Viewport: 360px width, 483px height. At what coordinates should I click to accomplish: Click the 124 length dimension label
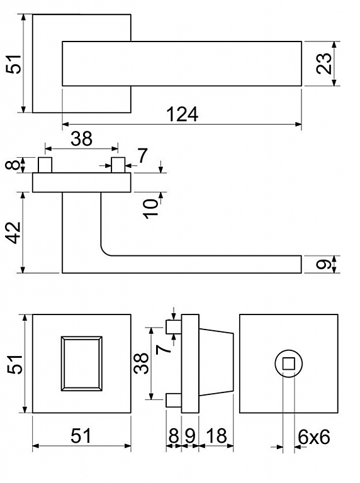(x=182, y=114)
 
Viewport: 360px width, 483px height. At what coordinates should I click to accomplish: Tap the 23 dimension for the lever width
(x=324, y=64)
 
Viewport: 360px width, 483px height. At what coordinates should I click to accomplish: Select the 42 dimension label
(x=14, y=233)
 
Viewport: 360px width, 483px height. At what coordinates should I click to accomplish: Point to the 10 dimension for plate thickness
(x=151, y=209)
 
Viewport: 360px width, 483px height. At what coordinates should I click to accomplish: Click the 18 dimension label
(x=217, y=436)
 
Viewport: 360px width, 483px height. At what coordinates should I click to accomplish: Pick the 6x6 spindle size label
(x=314, y=437)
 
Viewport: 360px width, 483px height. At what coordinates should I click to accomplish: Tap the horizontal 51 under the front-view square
(x=81, y=436)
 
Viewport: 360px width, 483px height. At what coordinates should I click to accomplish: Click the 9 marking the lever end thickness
(x=324, y=264)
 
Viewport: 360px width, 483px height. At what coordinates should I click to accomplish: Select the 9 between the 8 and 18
(x=190, y=436)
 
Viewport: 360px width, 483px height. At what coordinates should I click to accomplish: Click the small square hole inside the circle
(x=288, y=364)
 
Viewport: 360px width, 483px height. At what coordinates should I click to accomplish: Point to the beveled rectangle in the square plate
(x=82, y=364)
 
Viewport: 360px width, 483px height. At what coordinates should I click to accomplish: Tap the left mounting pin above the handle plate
(x=45, y=165)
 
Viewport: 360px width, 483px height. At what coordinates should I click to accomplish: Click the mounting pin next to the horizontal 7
(x=118, y=165)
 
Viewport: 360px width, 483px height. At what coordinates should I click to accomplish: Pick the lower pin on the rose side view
(x=174, y=400)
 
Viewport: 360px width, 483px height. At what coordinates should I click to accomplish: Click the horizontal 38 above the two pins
(x=81, y=138)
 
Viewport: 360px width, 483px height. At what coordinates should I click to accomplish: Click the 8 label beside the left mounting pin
(x=13, y=165)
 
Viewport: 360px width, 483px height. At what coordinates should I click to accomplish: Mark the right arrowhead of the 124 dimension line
(x=298, y=124)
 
